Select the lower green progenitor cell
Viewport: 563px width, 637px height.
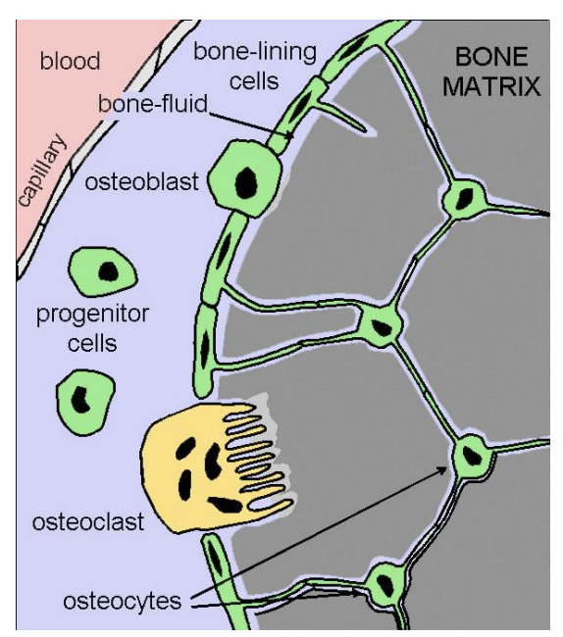tap(84, 399)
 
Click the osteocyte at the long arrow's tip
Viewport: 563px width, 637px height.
tap(474, 456)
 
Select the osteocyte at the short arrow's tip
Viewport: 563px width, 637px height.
tap(381, 587)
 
